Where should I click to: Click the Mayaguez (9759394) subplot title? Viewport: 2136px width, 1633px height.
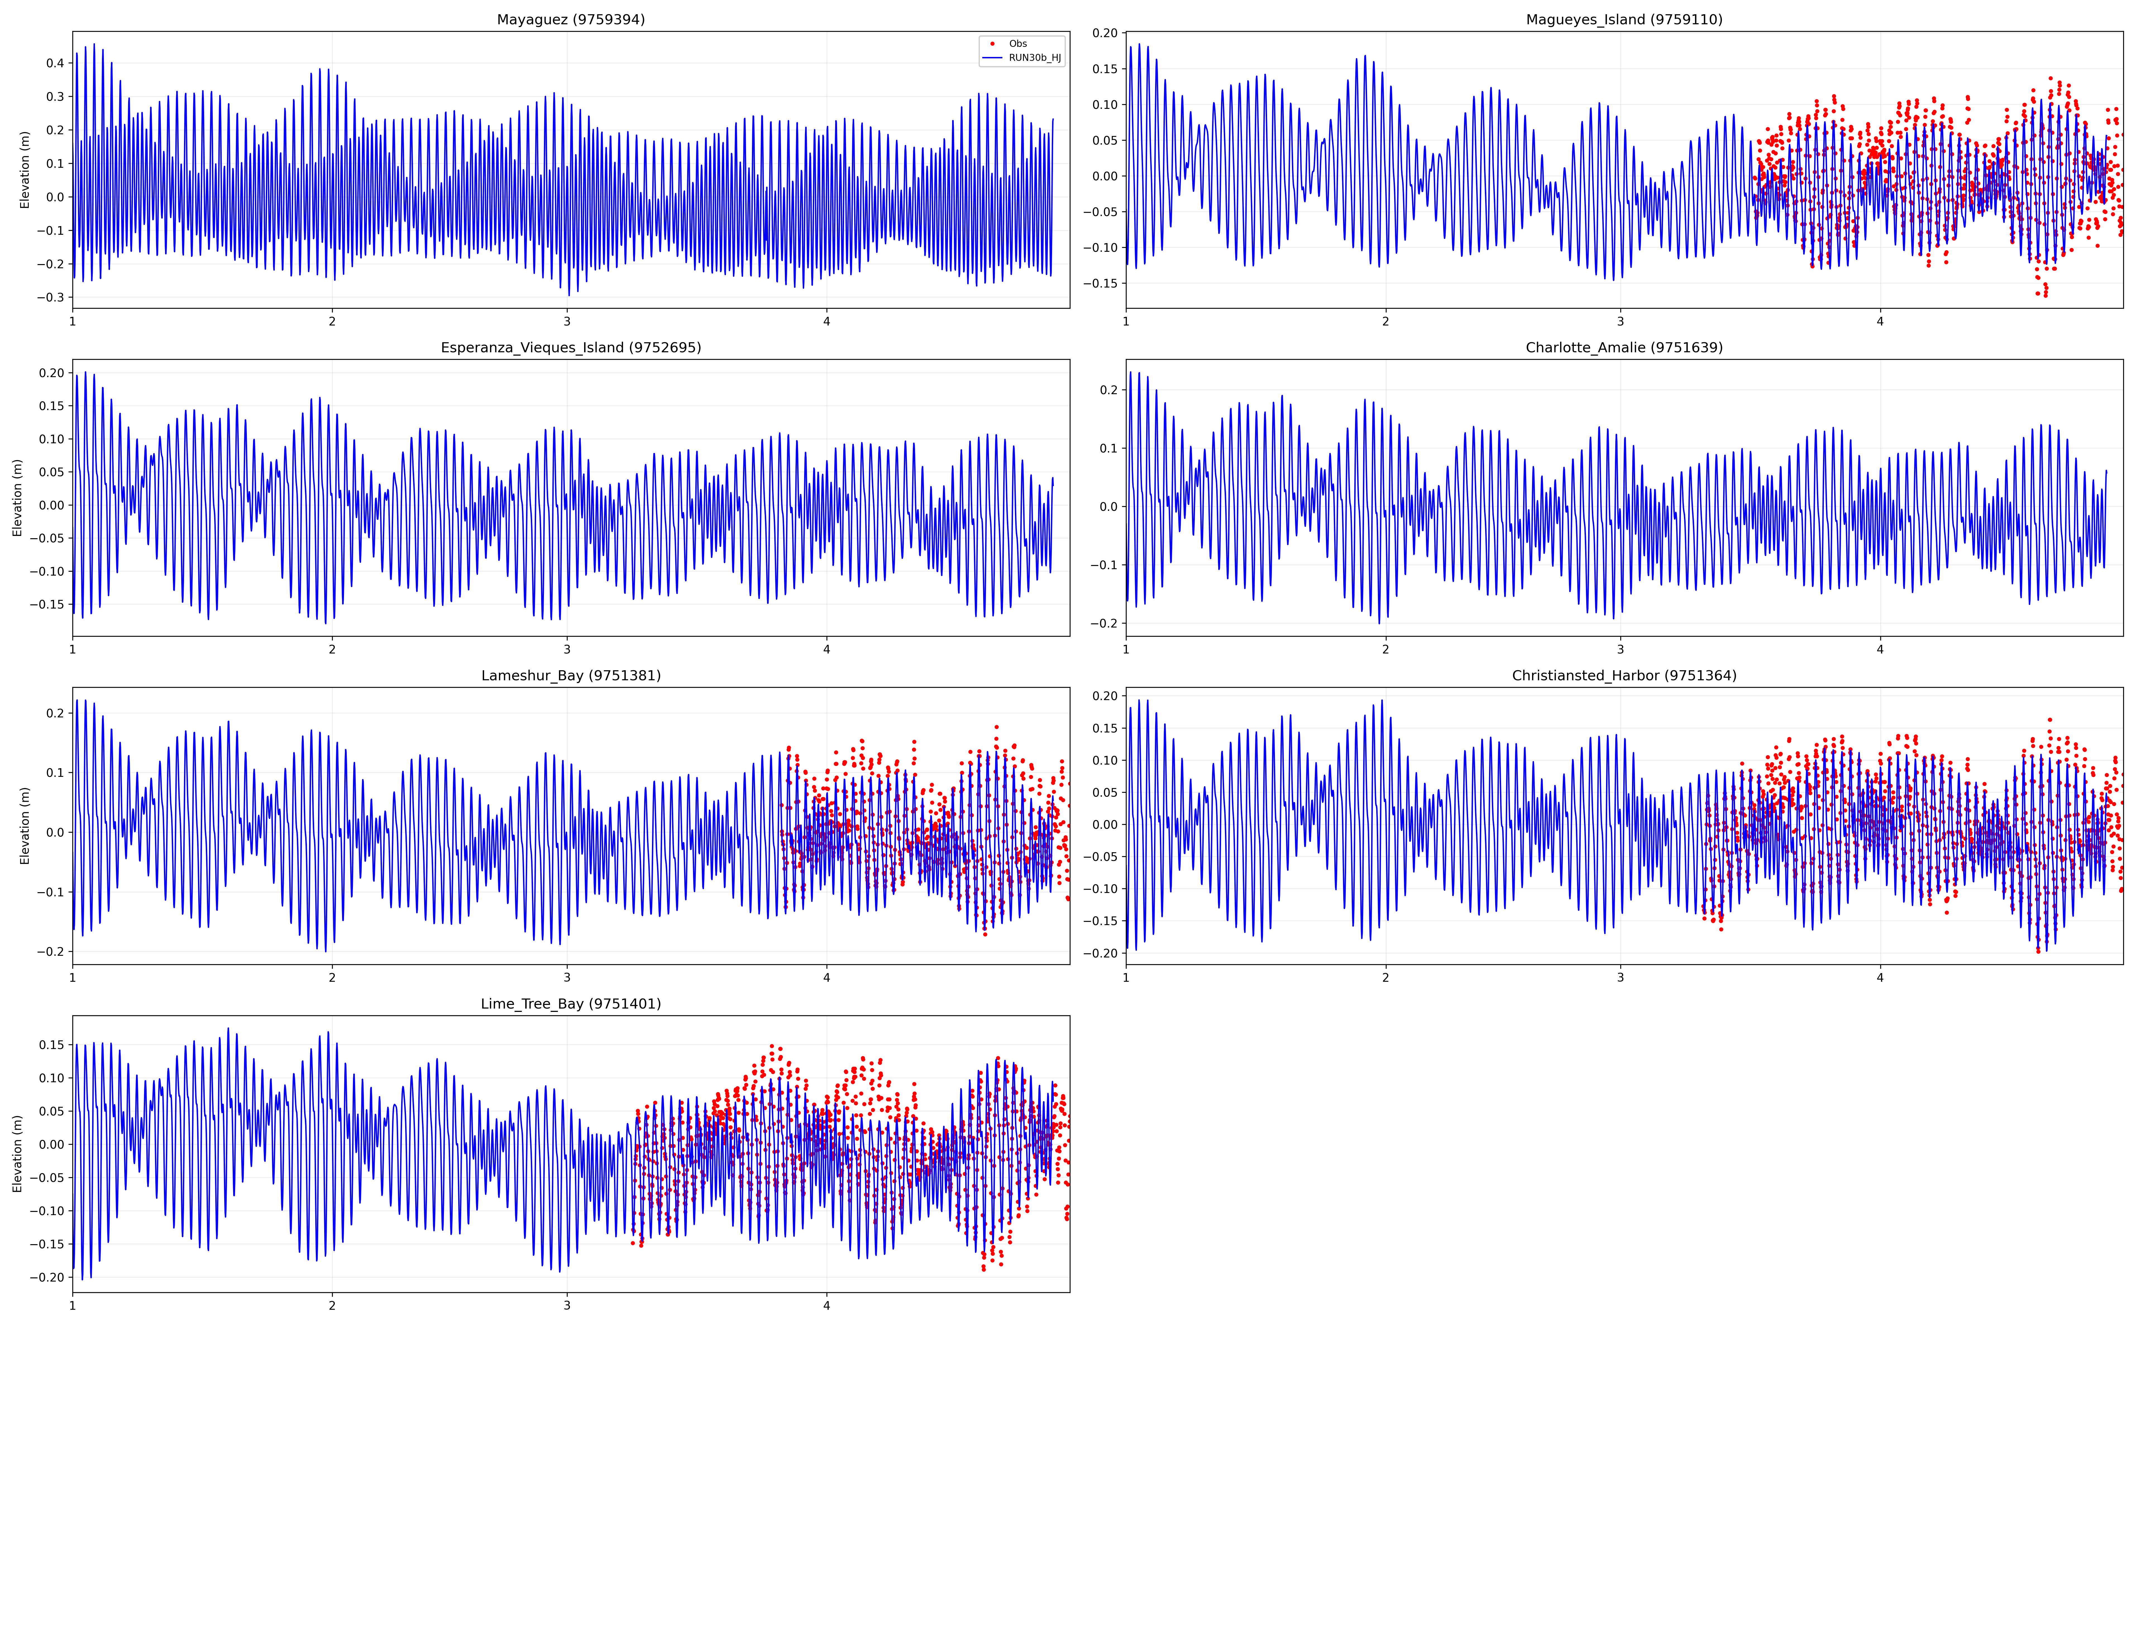pos(571,20)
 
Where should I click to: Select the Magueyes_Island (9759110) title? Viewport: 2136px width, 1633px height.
pos(1624,20)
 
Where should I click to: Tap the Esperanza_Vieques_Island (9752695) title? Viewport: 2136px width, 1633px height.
pos(571,348)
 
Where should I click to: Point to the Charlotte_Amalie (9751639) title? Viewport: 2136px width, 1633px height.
pos(1624,348)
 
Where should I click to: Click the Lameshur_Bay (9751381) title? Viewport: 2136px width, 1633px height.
pos(571,676)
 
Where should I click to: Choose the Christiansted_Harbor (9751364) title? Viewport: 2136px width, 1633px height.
pos(1624,676)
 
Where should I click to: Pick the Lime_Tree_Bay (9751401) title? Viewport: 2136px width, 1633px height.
pos(571,1004)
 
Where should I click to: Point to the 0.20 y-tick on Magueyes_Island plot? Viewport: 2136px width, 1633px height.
pos(1105,33)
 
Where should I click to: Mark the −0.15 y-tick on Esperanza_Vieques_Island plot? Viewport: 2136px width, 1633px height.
pos(48,605)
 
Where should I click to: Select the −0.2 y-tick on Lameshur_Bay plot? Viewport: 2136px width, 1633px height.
pos(52,952)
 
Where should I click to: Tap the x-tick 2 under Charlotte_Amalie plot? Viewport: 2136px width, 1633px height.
pos(1385,649)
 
